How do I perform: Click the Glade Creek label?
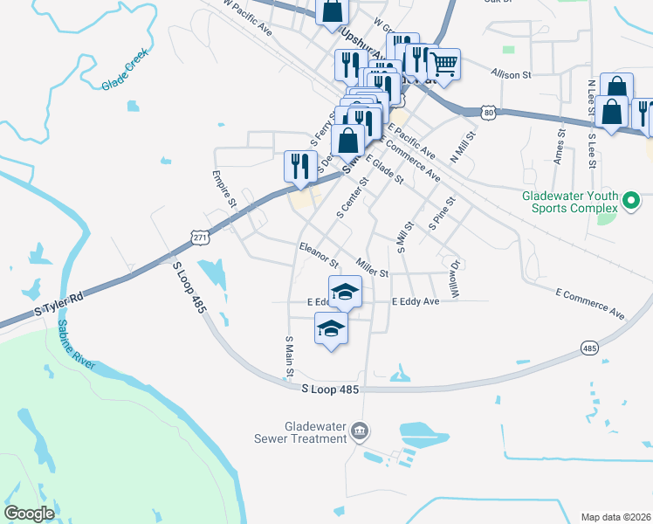click(126, 70)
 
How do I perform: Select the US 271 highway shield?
click(199, 237)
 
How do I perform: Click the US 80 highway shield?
click(490, 112)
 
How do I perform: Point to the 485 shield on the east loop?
click(589, 348)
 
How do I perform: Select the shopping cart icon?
click(443, 64)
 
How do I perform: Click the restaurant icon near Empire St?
click(300, 165)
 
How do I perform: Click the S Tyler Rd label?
click(58, 304)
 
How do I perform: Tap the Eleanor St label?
click(319, 254)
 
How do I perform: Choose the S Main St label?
click(288, 357)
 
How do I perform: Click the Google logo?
click(30, 514)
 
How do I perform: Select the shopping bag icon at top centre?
click(332, 11)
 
